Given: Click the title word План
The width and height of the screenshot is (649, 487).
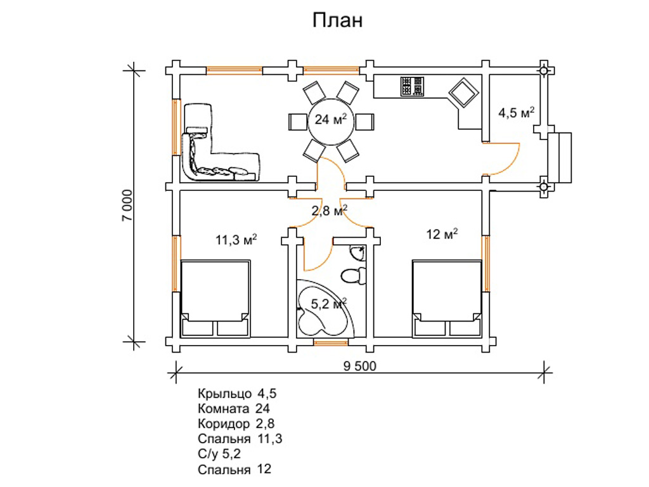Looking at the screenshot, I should pos(337,21).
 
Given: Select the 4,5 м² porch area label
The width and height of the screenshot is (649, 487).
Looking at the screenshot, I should pos(516,113).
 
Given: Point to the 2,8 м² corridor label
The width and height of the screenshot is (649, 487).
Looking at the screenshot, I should pos(329,211).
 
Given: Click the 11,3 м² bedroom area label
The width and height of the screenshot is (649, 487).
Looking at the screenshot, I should pos(236,240).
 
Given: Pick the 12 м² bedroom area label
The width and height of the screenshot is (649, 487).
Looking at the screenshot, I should pos(442,235).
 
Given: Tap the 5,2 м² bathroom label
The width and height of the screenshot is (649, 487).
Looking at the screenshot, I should pos(328,304).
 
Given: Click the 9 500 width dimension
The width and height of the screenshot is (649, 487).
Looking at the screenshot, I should pos(359,366).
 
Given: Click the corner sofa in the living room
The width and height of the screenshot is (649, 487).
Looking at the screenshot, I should pos(209,152).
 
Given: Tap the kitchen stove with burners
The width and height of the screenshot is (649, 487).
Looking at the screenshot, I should pos(412,86).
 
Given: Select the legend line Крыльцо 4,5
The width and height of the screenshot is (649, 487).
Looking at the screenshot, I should pos(237,394).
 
